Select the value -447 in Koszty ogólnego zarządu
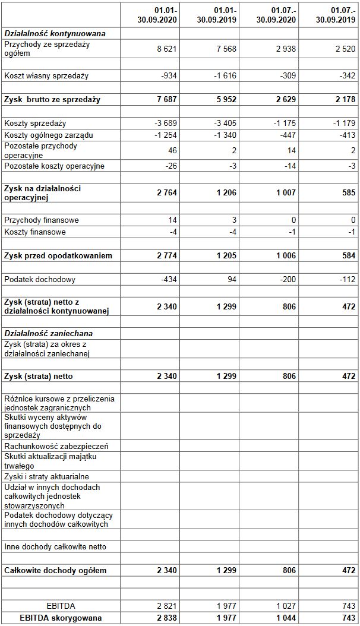pyautogui.click(x=285, y=135)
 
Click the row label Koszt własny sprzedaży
pyautogui.click(x=46, y=75)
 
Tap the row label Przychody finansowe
pyautogui.click(x=42, y=220)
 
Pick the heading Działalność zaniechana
pyautogui.click(x=49, y=334)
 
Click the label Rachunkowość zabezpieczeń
pyautogui.click(x=56, y=445)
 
